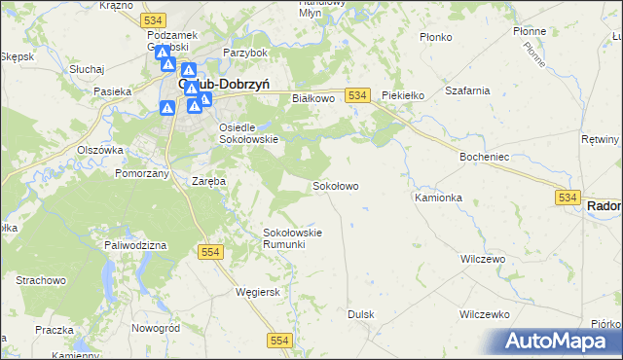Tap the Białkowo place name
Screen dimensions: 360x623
coord(313,98)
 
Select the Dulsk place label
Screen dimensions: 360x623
coord(361,314)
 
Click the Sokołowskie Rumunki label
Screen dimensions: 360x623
coord(293,237)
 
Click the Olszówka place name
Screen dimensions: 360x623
coord(100,150)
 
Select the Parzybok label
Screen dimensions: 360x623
coord(244,52)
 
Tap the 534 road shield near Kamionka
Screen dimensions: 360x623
coord(570,197)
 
